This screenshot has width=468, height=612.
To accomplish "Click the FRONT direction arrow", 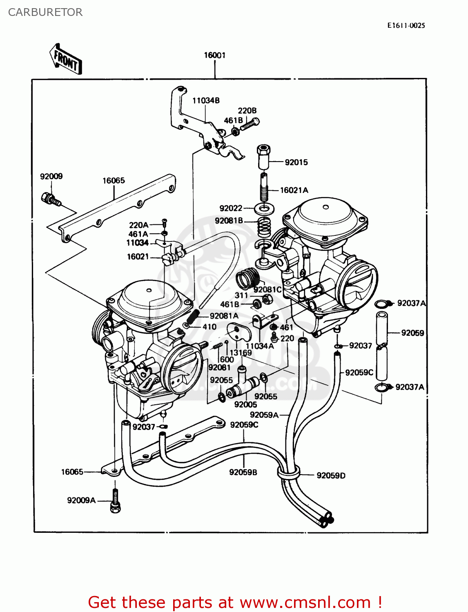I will point(66,60).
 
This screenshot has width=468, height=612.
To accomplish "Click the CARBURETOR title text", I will point(45,12).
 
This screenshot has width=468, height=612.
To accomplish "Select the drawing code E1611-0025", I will point(406,25).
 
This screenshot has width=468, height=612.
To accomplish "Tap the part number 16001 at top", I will point(214,55).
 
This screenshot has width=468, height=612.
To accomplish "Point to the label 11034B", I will point(206,100).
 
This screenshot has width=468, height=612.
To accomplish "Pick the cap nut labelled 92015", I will point(264,156).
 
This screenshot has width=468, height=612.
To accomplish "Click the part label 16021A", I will point(294,190).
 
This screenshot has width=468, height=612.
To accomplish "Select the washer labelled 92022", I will point(264,209).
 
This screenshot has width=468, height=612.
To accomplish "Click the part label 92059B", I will point(243,472).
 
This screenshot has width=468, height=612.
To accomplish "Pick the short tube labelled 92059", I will point(382,328).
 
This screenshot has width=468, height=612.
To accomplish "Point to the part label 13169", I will point(241,353).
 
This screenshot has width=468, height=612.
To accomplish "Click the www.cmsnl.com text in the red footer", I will point(305,602).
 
